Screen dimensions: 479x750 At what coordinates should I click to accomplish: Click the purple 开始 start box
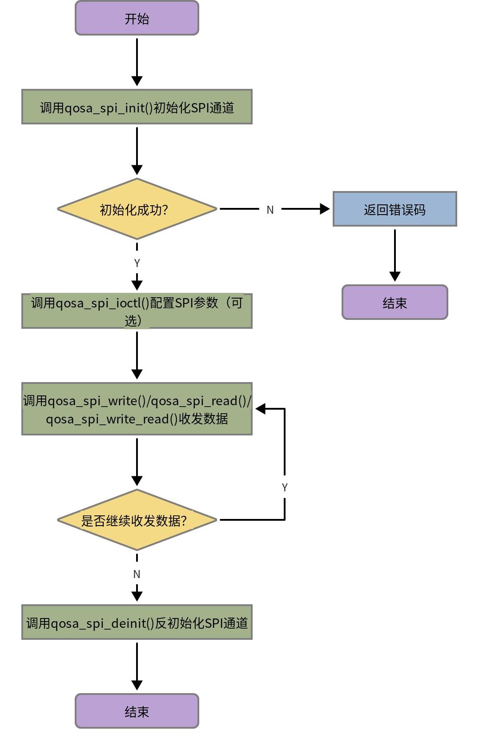click(137, 18)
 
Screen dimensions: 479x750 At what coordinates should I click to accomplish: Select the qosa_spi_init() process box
click(137, 107)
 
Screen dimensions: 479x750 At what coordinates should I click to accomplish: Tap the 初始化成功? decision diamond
click(137, 209)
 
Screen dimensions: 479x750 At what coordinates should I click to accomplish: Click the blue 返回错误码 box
click(394, 209)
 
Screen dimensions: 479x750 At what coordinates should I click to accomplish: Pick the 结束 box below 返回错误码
click(394, 302)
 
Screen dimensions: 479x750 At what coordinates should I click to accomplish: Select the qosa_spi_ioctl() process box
click(137, 311)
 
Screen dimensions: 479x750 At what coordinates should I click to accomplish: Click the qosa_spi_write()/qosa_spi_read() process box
click(137, 409)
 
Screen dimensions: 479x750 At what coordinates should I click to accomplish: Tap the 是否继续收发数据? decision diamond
click(137, 520)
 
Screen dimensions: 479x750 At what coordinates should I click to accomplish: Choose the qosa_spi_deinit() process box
click(137, 622)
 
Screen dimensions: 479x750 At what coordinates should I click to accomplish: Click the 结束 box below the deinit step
click(137, 711)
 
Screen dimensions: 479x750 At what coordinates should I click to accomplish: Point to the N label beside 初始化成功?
click(270, 210)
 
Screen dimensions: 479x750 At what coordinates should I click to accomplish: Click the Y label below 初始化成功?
click(137, 263)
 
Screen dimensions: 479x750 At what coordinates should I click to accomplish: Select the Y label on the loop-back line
click(285, 487)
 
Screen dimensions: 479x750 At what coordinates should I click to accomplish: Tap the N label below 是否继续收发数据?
click(137, 574)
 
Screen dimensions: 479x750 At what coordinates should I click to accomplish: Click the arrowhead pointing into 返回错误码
click(325, 209)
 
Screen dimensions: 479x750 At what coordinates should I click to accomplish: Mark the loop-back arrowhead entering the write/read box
click(261, 409)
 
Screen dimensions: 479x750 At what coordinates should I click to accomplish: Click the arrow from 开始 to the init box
click(137, 62)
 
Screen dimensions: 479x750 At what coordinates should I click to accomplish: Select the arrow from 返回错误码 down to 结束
click(395, 255)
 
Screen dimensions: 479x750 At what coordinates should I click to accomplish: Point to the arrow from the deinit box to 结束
click(137, 666)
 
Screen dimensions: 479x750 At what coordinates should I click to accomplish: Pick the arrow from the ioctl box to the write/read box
click(137, 355)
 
